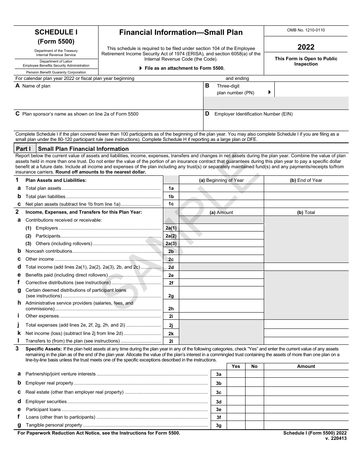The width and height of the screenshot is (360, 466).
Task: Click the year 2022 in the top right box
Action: (x=306, y=47)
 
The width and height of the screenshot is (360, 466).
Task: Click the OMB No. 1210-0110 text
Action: (x=306, y=30)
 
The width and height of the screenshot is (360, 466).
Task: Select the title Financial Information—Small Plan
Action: (x=181, y=33)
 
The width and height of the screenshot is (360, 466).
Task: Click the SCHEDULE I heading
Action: (x=56, y=33)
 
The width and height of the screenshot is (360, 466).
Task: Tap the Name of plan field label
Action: (x=36, y=86)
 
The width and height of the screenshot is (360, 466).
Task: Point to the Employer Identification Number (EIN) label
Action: (x=253, y=114)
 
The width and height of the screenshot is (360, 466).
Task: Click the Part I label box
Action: (x=25, y=149)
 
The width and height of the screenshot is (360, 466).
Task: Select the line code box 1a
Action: (x=171, y=188)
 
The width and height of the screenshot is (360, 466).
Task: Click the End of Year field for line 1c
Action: (x=306, y=204)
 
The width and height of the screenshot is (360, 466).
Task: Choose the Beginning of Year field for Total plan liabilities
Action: (x=221, y=196)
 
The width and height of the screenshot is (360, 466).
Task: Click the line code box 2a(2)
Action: (x=171, y=236)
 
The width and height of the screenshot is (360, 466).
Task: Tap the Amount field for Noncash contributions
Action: (x=221, y=251)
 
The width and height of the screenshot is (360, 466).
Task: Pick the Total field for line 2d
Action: (x=306, y=267)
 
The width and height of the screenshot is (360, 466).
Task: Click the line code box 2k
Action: (x=171, y=334)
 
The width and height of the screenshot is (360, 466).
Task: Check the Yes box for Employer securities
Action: (x=236, y=402)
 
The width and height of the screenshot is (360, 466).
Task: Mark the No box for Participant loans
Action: (x=254, y=410)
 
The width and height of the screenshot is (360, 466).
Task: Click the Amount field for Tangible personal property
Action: (x=306, y=425)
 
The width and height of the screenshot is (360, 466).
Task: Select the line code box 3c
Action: (x=219, y=393)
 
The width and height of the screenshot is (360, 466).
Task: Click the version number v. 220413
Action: (x=336, y=438)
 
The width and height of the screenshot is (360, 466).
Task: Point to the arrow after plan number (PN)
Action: (x=269, y=92)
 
